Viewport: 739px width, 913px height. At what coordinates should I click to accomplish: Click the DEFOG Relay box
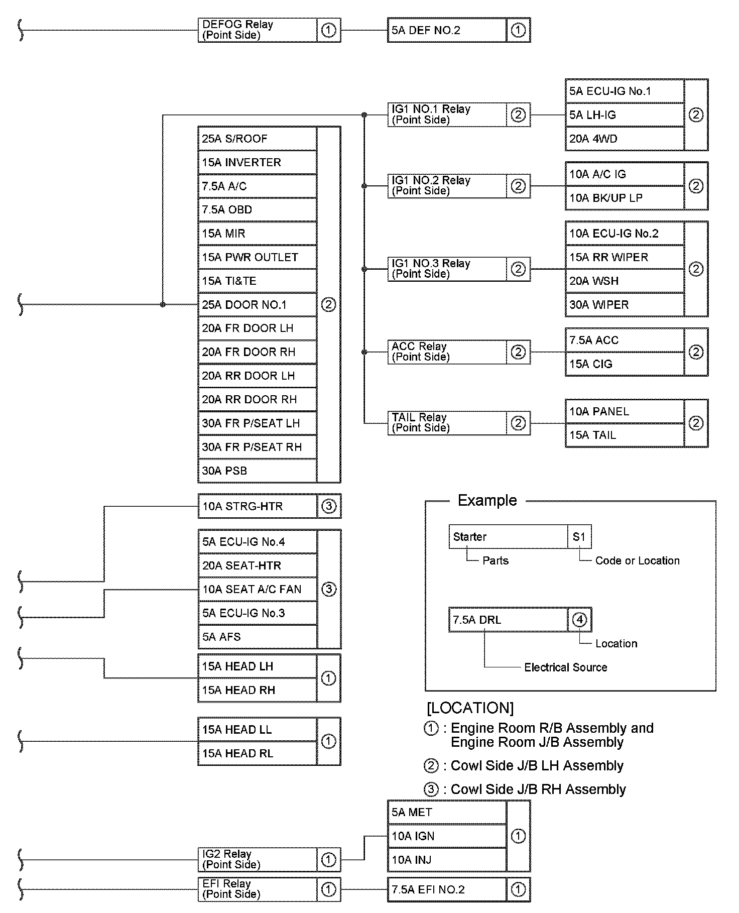pyautogui.click(x=257, y=30)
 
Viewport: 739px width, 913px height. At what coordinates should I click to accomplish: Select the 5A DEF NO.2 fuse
pyautogui.click(x=446, y=30)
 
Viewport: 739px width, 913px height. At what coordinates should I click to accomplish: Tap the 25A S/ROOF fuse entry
pyautogui.click(x=257, y=139)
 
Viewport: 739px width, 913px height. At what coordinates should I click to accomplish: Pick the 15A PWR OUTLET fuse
pyautogui.click(x=257, y=257)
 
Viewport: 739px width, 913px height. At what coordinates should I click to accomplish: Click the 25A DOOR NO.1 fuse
pyautogui.click(x=257, y=305)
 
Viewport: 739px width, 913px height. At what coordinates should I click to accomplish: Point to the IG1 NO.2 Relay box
pyautogui.click(x=446, y=186)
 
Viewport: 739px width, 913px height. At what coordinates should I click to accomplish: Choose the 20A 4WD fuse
pyautogui.click(x=624, y=139)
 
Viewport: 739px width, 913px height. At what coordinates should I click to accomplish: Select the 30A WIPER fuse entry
pyautogui.click(x=624, y=305)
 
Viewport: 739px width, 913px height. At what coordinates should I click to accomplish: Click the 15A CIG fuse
pyautogui.click(x=624, y=364)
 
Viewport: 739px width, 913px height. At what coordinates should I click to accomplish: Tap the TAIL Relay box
pyautogui.click(x=446, y=423)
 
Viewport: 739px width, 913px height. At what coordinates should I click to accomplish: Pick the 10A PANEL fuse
pyautogui.click(x=624, y=412)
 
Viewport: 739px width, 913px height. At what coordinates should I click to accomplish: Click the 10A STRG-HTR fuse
pyautogui.click(x=257, y=506)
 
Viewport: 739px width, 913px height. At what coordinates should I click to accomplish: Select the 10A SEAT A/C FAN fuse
pyautogui.click(x=257, y=589)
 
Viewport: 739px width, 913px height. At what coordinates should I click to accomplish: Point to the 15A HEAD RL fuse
pyautogui.click(x=257, y=753)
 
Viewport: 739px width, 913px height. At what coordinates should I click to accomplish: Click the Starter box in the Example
pyautogui.click(x=508, y=537)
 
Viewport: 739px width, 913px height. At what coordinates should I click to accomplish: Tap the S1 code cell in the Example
pyautogui.click(x=579, y=537)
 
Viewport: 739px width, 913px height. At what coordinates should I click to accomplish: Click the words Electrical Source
pyautogui.click(x=566, y=667)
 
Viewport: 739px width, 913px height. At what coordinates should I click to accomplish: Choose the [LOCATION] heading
pyautogui.click(x=470, y=708)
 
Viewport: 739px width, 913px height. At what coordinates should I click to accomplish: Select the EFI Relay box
pyautogui.click(x=257, y=889)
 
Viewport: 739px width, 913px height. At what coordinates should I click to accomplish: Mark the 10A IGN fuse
pyautogui.click(x=446, y=836)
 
